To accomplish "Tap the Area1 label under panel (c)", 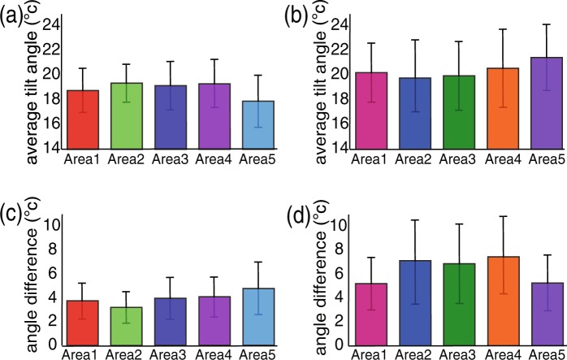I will click(x=82, y=354).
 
